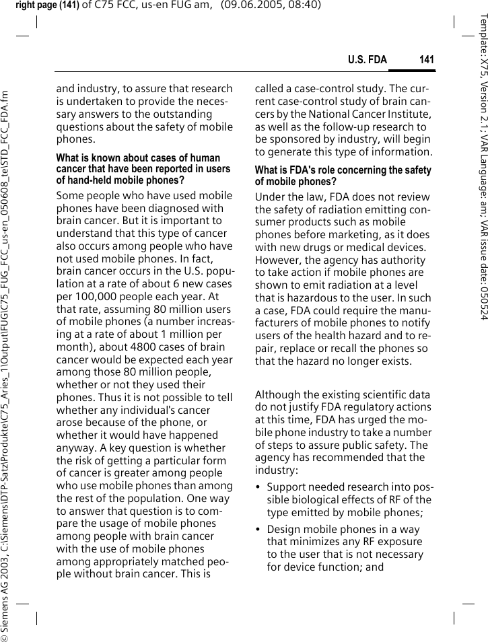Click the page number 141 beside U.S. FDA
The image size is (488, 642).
426,61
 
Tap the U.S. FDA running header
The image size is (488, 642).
368,61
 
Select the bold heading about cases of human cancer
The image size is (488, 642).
143,169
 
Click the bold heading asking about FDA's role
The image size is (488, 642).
343,176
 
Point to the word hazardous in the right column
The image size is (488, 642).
299,298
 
